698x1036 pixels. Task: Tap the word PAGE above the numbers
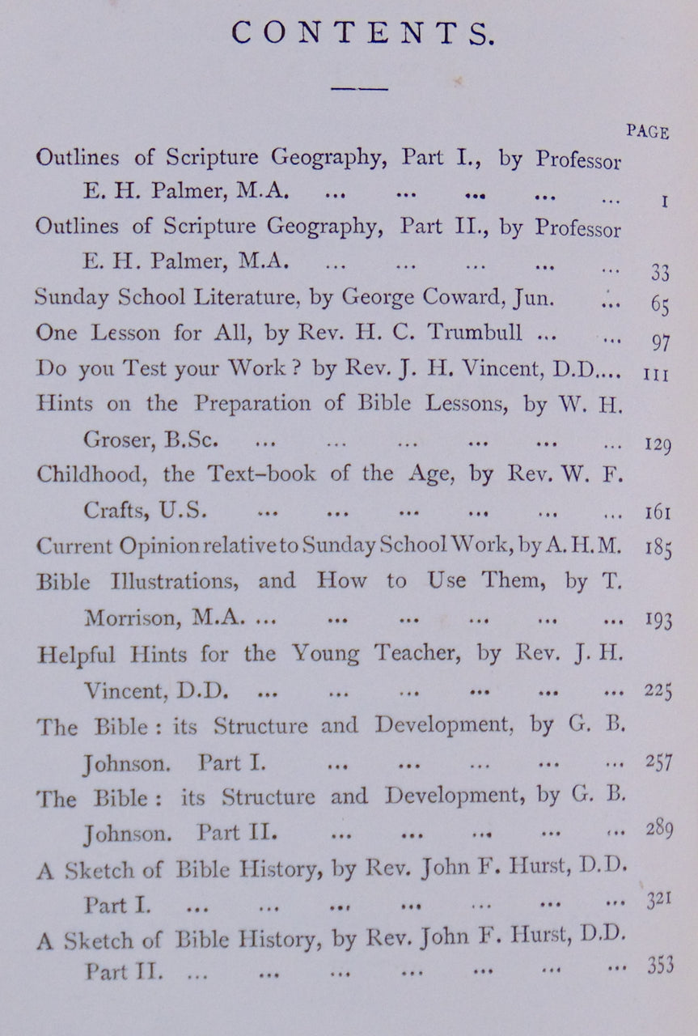tap(647, 132)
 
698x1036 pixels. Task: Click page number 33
tap(659, 273)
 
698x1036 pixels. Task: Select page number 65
tap(659, 305)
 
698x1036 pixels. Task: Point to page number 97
tap(660, 342)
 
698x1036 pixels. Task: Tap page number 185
tap(658, 546)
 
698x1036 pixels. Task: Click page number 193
tap(658, 620)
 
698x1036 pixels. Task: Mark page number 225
tap(658, 691)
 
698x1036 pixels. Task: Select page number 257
tap(659, 762)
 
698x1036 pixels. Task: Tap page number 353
tap(660, 966)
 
